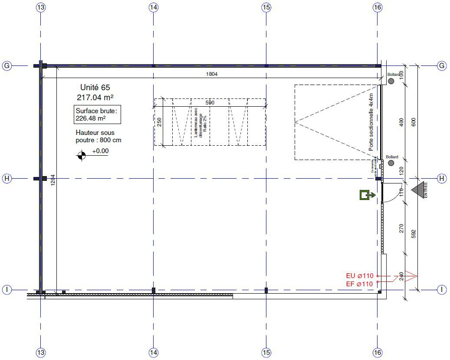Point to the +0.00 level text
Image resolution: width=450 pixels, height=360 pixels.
[x=100, y=151]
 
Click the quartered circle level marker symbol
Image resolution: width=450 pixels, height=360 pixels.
[x=82, y=155]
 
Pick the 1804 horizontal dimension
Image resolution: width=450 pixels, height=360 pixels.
[x=212, y=74]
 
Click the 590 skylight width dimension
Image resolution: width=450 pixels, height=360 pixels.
[x=210, y=103]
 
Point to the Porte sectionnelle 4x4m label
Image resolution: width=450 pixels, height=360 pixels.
[x=371, y=122]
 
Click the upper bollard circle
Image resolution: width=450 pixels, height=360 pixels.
[x=391, y=81]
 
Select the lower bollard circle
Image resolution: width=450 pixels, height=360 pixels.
[x=391, y=163]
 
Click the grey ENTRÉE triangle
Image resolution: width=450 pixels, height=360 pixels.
[x=418, y=190]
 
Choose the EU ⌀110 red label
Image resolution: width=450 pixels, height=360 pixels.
[x=359, y=276]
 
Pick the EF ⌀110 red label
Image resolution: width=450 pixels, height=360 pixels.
[x=359, y=284]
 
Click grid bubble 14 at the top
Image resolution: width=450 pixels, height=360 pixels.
[x=153, y=7]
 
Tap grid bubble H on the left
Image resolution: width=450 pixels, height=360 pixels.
[x=7, y=178]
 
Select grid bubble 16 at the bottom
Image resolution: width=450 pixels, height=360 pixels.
[x=378, y=353]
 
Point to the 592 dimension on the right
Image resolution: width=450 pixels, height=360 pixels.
[x=414, y=234]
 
